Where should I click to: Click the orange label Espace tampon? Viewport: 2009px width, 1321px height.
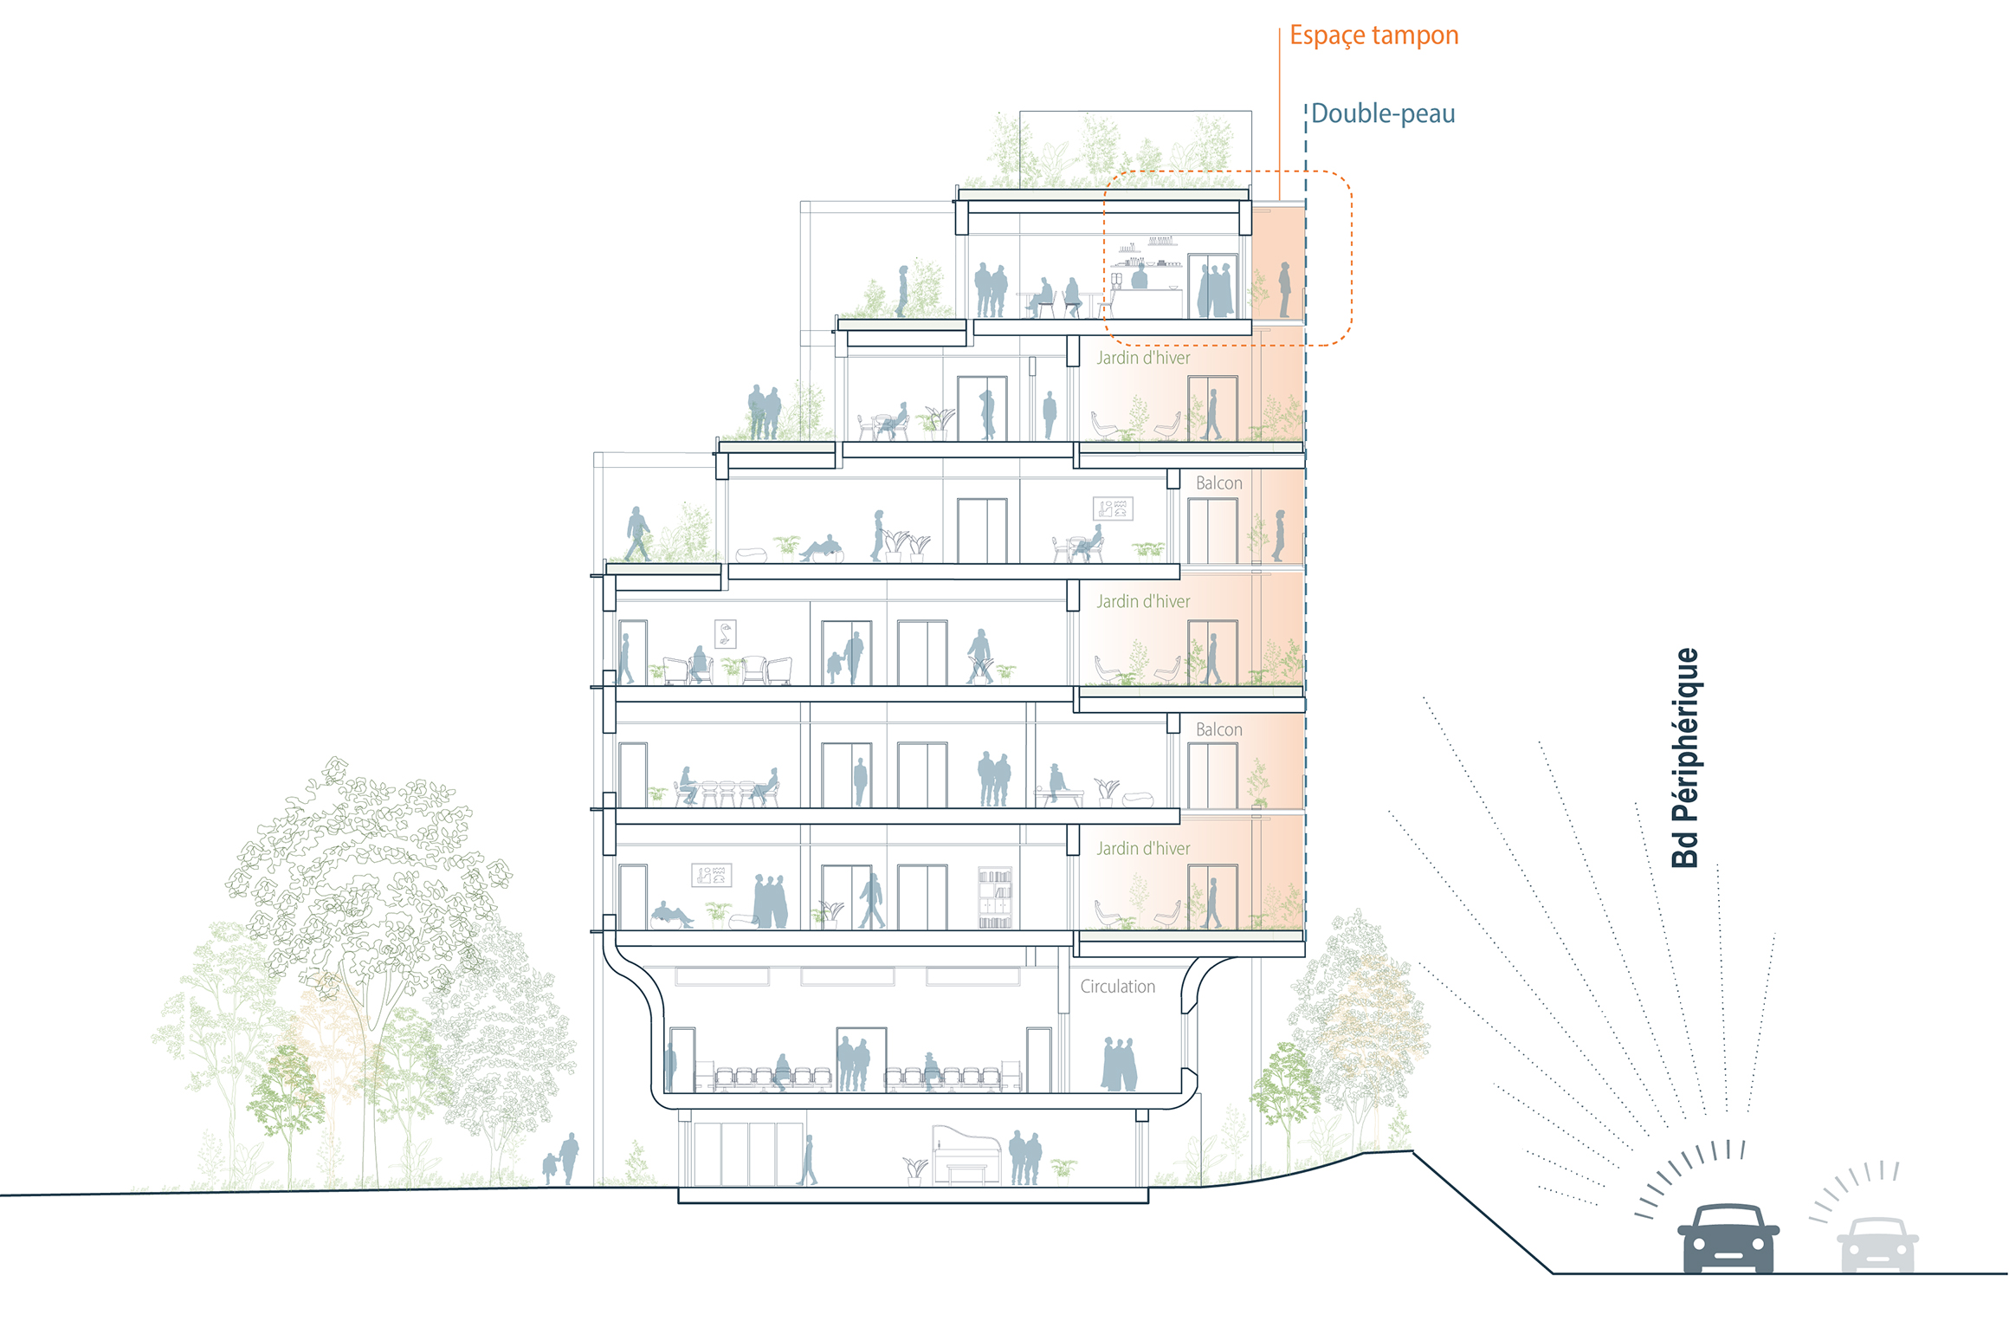1373,36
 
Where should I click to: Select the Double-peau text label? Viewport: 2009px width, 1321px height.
1382,113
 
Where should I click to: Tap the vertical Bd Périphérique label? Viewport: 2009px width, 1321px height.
1685,757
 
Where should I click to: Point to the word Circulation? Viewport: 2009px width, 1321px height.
1117,987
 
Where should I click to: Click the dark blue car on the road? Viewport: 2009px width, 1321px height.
1728,1239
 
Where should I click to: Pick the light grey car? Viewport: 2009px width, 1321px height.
1877,1245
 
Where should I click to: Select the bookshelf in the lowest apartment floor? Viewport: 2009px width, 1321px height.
994,897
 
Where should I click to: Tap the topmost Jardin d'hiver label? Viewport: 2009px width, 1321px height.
1143,358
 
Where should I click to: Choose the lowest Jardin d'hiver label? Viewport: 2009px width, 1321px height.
1143,849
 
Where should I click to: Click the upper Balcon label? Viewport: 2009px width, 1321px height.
1218,483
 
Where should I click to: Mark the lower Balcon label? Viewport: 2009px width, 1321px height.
1218,730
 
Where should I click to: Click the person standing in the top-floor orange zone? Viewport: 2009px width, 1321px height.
1285,289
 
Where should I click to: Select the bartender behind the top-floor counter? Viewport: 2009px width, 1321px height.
1140,276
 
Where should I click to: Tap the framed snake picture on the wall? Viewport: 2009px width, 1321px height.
725,634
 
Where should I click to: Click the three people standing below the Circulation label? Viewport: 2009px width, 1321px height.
1119,1065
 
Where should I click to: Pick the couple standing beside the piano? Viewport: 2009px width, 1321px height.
1025,1158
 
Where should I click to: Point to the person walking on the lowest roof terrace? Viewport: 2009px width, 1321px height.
637,534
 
